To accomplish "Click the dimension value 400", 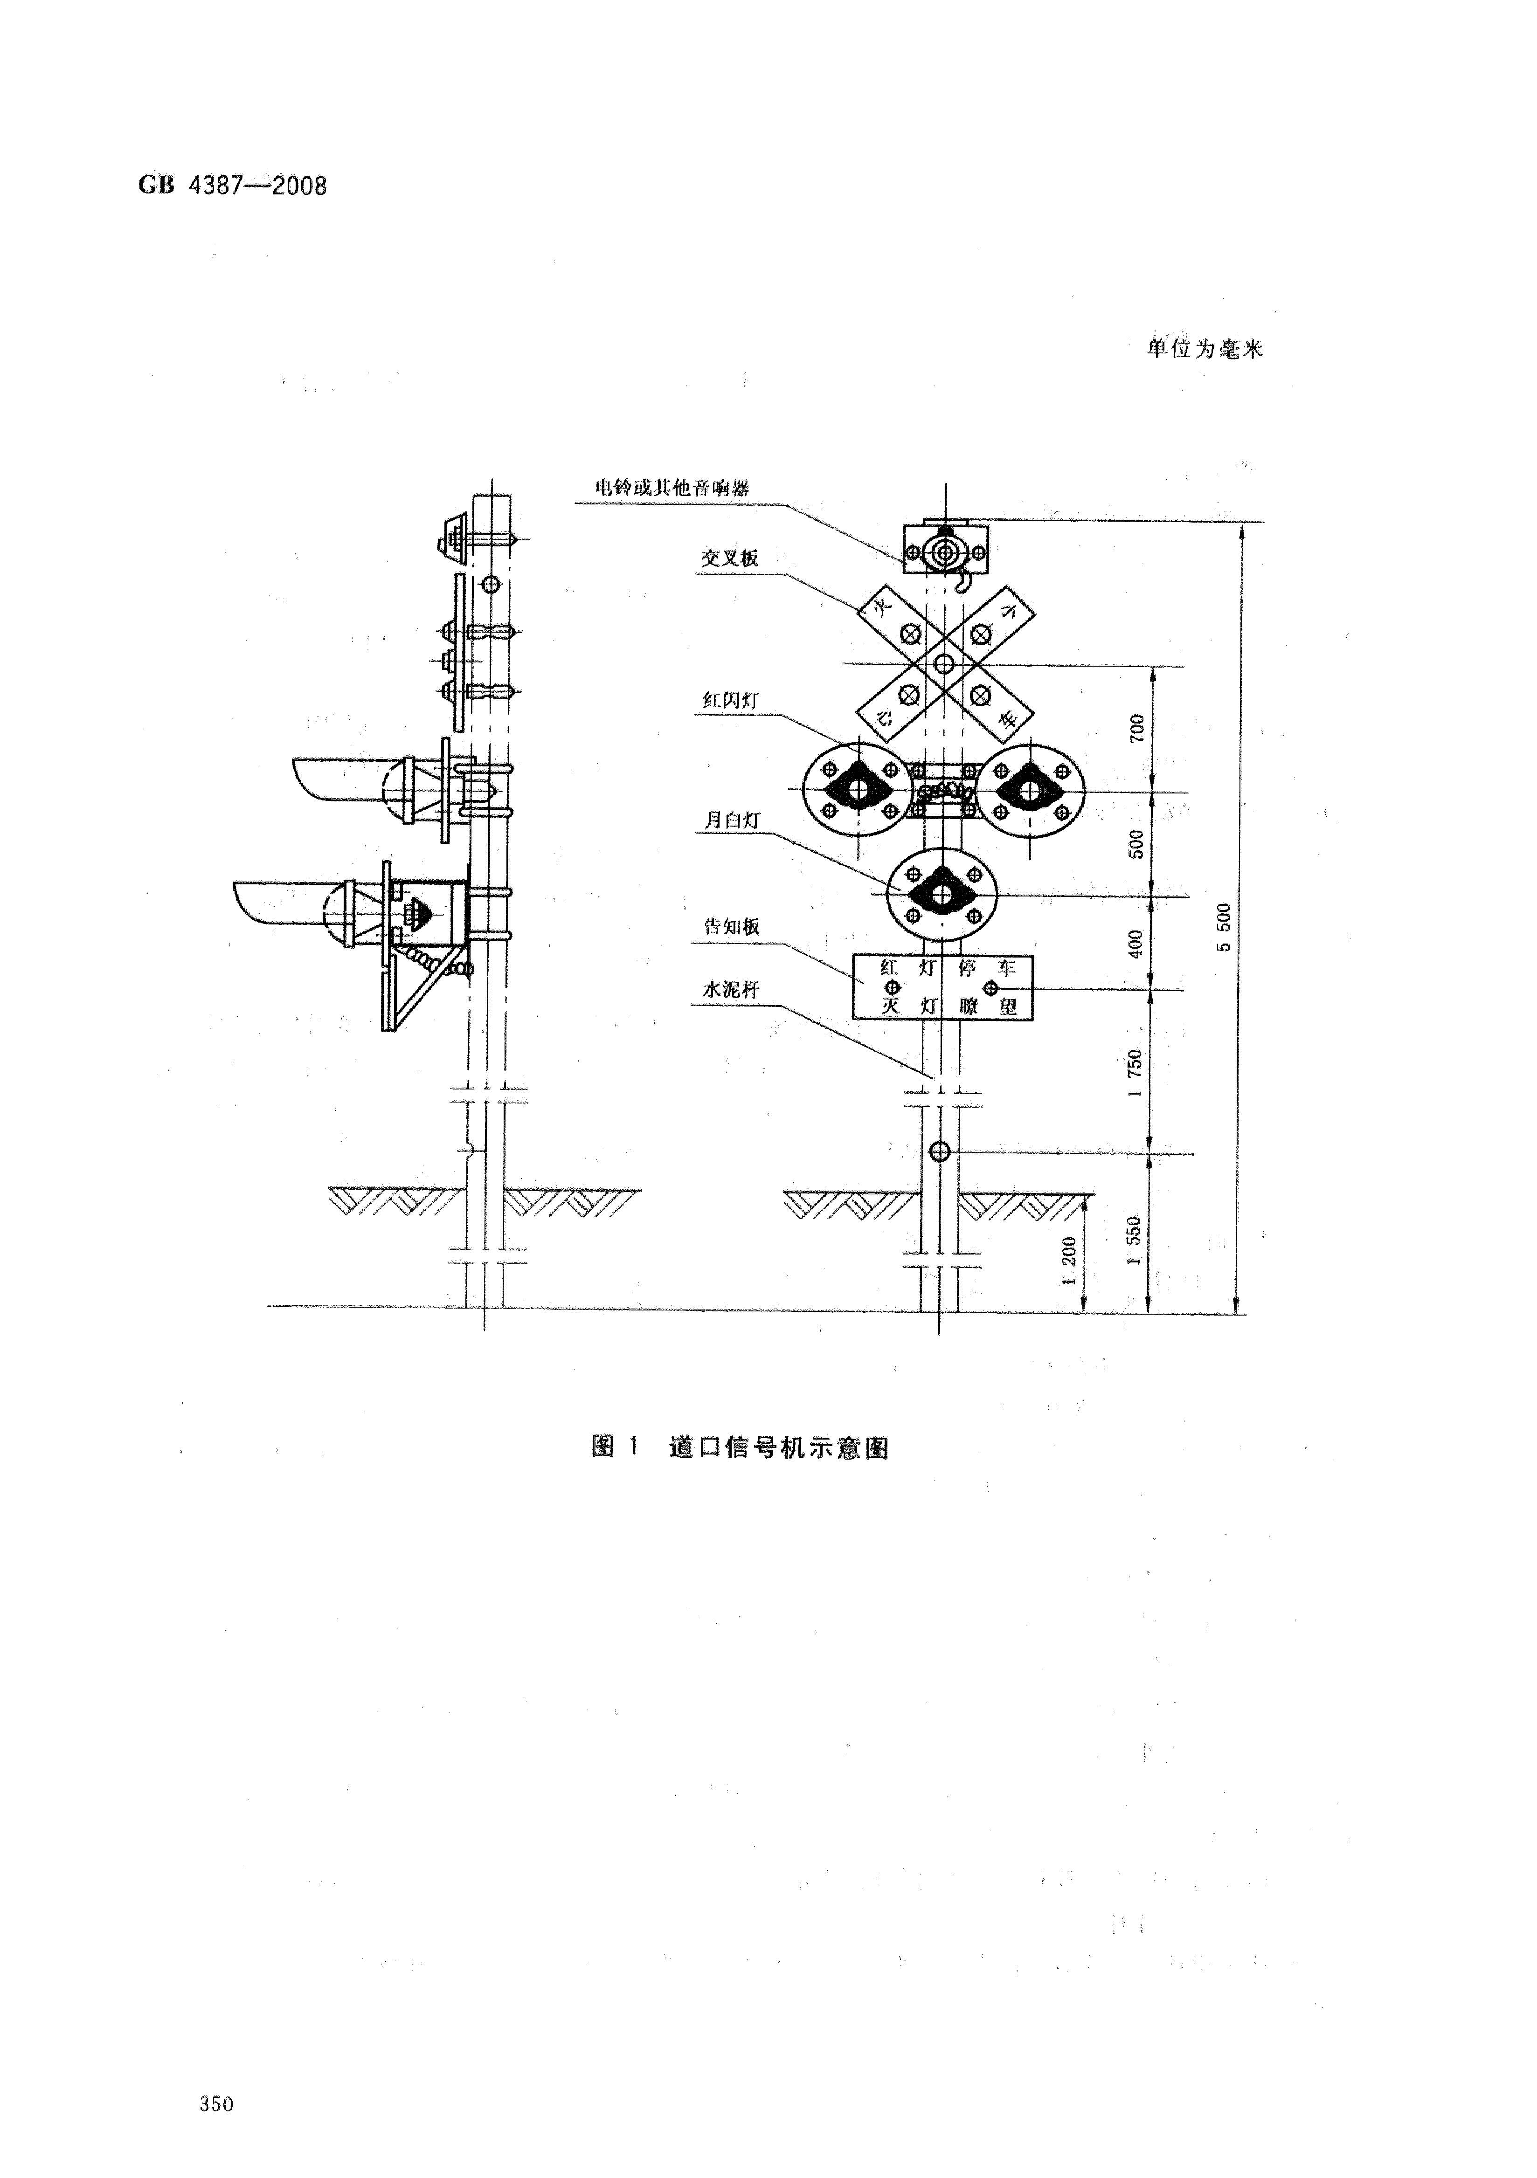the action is click(x=1136, y=943).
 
